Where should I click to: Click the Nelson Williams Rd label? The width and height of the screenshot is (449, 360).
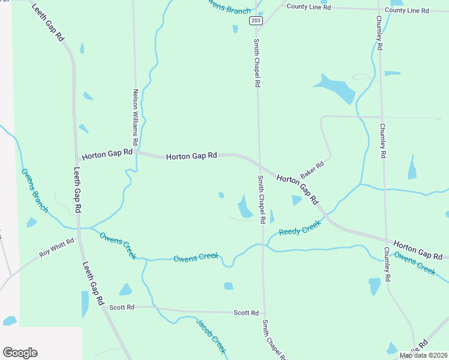[136, 118]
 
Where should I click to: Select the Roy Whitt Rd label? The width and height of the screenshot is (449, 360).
[56, 247]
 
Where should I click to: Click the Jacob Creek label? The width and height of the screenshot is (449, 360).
[211, 335]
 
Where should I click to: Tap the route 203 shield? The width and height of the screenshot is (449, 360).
[256, 20]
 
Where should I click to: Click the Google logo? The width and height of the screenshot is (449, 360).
[20, 353]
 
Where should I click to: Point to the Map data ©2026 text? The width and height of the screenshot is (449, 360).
[423, 355]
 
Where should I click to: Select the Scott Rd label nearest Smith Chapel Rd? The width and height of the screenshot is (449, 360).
[246, 313]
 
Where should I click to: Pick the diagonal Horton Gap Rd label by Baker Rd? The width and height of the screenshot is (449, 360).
[297, 188]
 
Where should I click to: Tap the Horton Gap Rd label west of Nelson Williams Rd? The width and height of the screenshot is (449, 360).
[107, 155]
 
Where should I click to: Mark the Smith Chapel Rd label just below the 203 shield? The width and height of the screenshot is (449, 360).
[257, 63]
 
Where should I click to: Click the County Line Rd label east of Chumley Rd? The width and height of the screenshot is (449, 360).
[407, 11]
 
